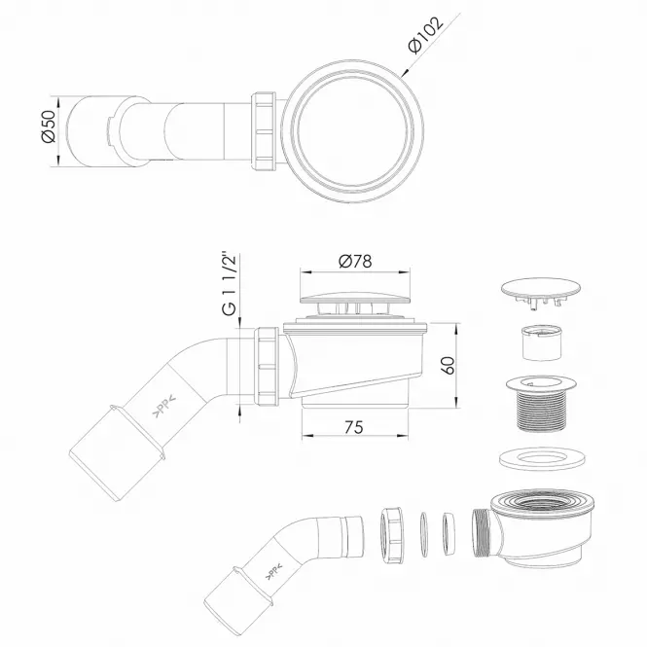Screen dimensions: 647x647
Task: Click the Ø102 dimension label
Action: pos(426,35)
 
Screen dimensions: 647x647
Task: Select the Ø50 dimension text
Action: pos(49,126)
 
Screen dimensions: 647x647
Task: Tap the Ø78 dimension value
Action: pos(355,261)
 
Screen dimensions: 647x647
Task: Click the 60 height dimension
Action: pos(448,365)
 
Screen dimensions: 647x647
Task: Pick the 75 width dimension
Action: pos(353,427)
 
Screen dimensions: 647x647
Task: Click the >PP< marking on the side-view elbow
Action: pos(164,406)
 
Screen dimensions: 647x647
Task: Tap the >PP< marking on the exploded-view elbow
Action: pos(273,571)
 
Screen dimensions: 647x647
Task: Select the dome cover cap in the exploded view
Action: pos(541,293)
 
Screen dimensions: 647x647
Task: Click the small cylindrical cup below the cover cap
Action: pos(542,342)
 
